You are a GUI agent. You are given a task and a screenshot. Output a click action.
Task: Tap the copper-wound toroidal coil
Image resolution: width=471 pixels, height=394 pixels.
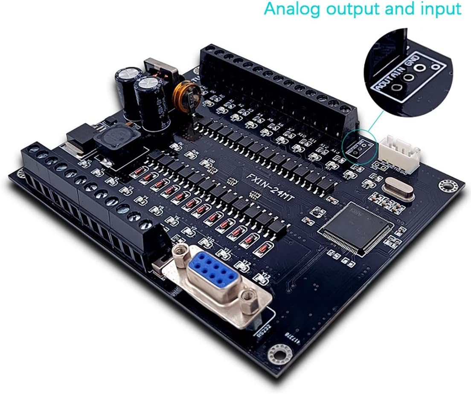coord(186,96)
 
